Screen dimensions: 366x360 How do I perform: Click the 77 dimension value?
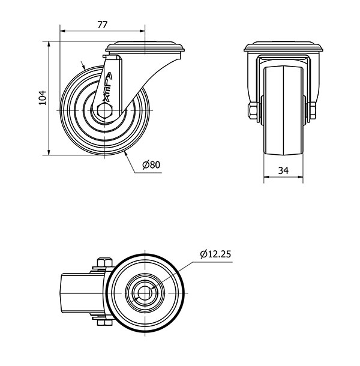click(x=102, y=25)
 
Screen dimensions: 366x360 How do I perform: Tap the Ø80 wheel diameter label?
click(x=152, y=164)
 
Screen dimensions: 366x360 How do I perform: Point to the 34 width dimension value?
click(x=284, y=171)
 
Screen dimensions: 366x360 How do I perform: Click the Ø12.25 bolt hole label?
click(x=214, y=254)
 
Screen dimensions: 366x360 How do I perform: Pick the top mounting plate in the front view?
click(x=284, y=48)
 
